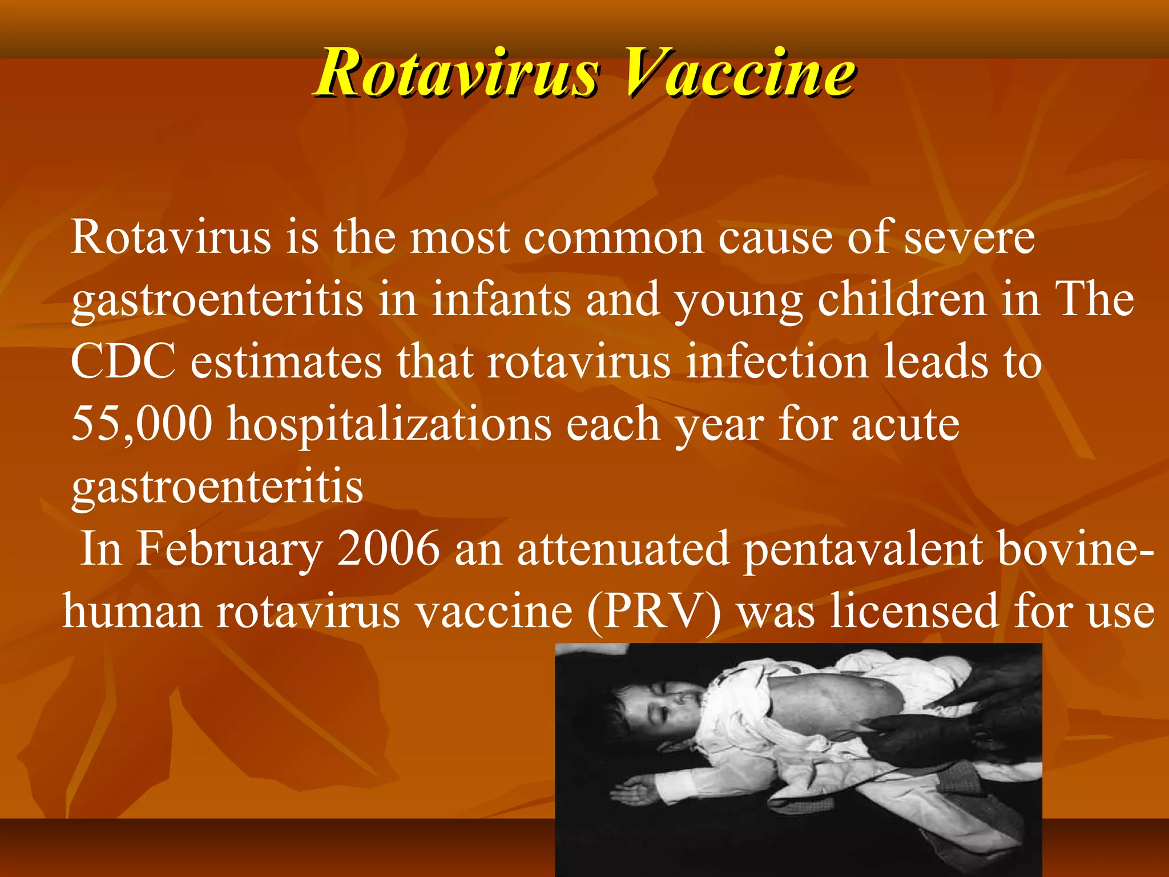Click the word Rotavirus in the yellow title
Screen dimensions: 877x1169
click(x=457, y=73)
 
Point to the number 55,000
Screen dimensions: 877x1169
click(x=142, y=424)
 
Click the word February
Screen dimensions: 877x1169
click(x=229, y=550)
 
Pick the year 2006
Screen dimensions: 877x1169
click(x=388, y=549)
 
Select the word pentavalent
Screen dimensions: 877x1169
click(x=863, y=550)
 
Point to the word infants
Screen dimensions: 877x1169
click(x=501, y=300)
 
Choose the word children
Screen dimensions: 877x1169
click(x=902, y=300)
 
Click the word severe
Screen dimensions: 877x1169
click(x=970, y=238)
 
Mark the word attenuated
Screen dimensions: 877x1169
click(x=623, y=549)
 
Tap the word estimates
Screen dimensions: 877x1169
click(x=286, y=361)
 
